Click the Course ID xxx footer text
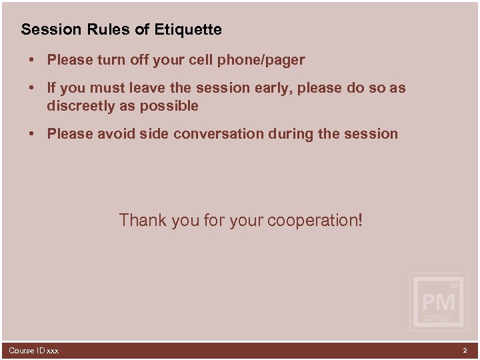click(33, 351)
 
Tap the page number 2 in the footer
click(465, 350)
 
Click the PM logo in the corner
click(439, 303)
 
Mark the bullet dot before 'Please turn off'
click(32, 61)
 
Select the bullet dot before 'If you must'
click(32, 88)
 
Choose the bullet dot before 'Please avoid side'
click(32, 134)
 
